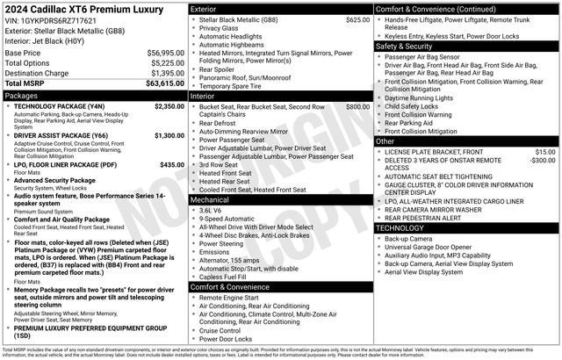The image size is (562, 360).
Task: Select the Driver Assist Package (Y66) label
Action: pos(61,136)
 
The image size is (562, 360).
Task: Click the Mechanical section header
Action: pos(210,199)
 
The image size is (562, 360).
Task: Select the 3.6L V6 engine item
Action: pos(211,211)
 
